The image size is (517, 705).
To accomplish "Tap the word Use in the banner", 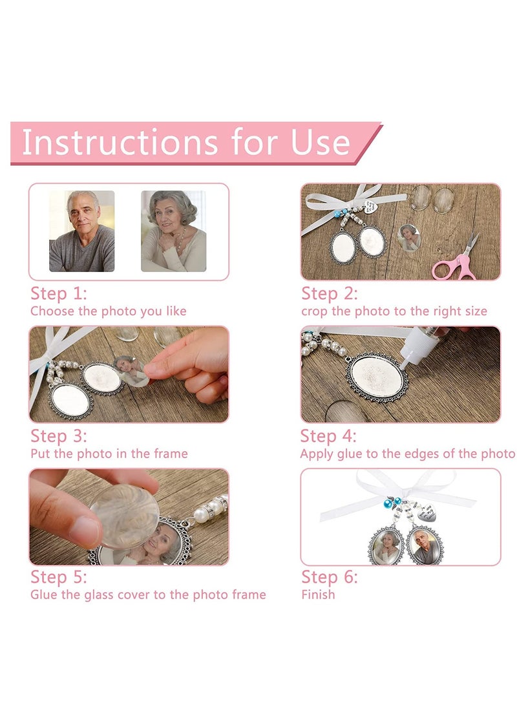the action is [321, 143].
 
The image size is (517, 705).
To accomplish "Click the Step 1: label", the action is [58, 293].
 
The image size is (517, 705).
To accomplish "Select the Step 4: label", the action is [328, 436].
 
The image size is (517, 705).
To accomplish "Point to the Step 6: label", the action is [329, 577].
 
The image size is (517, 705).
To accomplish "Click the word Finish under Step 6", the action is [319, 595].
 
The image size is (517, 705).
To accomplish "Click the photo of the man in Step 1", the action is [82, 231].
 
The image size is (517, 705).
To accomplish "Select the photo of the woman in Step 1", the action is [174, 231].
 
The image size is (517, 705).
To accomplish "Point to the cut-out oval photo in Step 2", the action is [409, 237].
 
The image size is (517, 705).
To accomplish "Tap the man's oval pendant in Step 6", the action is [425, 545].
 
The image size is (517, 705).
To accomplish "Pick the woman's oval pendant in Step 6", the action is [386, 545].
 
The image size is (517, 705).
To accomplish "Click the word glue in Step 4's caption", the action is [350, 454].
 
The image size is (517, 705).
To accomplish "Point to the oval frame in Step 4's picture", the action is [377, 377].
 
